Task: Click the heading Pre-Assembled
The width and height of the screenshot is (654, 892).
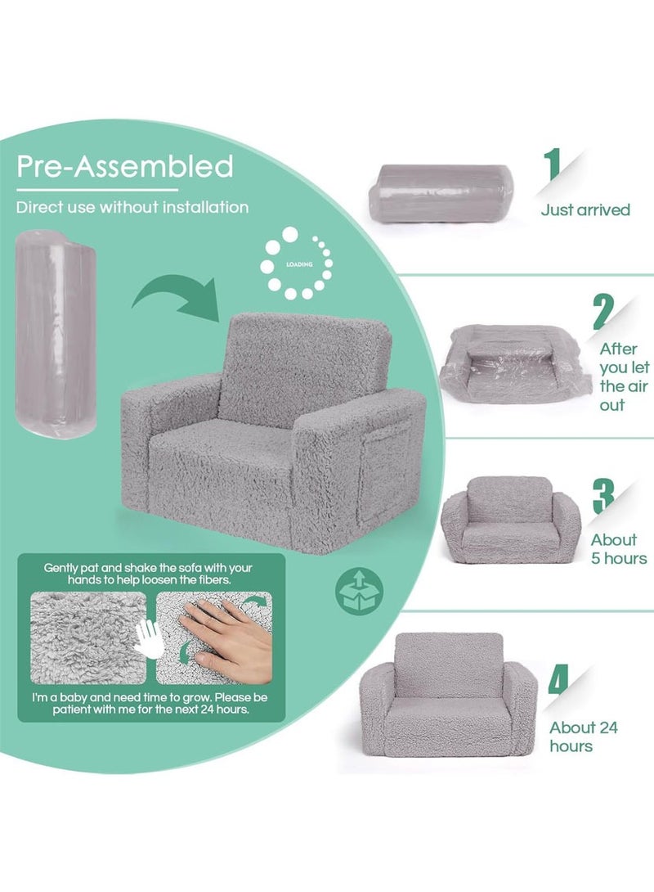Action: (x=125, y=166)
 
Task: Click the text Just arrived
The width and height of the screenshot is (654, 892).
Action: (x=585, y=210)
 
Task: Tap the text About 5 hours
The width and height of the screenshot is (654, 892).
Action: (x=619, y=549)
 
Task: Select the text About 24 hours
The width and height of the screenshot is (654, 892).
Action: (x=583, y=737)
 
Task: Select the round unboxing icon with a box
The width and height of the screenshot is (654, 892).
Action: (x=354, y=589)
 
